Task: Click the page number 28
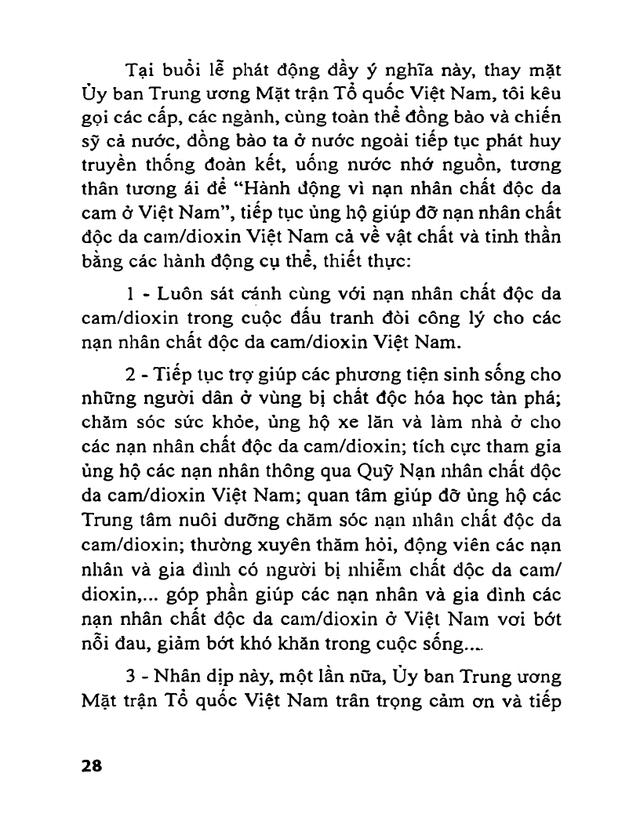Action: (92, 766)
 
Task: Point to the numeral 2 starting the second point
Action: (131, 372)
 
